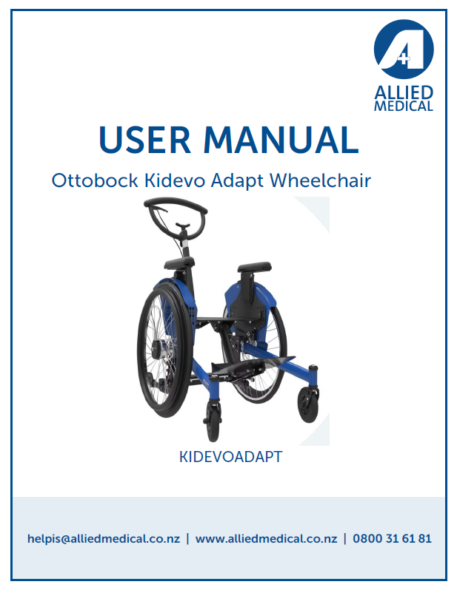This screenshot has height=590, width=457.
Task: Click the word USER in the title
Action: pos(144,140)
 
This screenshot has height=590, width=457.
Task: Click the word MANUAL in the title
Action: pos(281,140)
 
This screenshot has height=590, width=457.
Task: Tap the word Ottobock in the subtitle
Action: pos(95,180)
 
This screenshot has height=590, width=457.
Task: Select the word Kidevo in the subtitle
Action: pos(176,180)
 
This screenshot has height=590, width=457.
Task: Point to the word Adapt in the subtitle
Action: pos(237,181)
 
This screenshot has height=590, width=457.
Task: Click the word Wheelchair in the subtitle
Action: pos(320,180)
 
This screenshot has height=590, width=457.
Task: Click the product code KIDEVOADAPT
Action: pos(231,457)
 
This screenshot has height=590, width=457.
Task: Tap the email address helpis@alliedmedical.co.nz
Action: pos(104,538)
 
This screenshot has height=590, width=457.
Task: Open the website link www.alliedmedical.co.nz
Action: pos(266,538)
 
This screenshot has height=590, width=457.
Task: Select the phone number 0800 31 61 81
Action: pos(392,538)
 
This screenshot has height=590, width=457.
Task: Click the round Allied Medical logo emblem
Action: pos(404,49)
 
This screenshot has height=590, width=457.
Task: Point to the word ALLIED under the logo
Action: pos(404,92)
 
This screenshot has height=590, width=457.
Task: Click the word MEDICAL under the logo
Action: pos(404,106)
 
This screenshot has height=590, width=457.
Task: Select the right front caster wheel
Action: pos(308,405)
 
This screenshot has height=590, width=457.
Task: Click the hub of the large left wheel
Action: pos(156,350)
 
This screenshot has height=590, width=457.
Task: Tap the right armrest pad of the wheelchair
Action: pos(254,267)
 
